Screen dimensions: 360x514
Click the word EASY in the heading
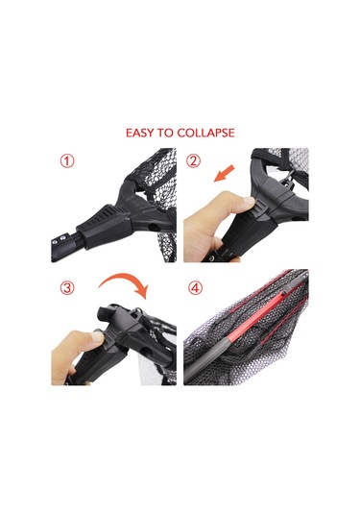pos(140,133)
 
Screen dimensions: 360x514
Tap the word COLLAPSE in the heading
pos(205,133)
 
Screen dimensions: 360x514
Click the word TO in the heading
pos(166,133)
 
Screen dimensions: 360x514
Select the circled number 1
pos(67,161)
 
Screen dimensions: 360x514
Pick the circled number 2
pos(193,161)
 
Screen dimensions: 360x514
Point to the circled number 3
pos(67,288)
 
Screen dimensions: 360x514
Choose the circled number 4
pos(195,288)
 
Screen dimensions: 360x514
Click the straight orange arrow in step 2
pos(224,173)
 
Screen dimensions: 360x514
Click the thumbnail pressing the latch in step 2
pos(250,202)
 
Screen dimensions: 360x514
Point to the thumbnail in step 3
pos(97,336)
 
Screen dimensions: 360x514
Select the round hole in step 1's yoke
pos(153,227)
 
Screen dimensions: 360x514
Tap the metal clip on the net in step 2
pos(289,179)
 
